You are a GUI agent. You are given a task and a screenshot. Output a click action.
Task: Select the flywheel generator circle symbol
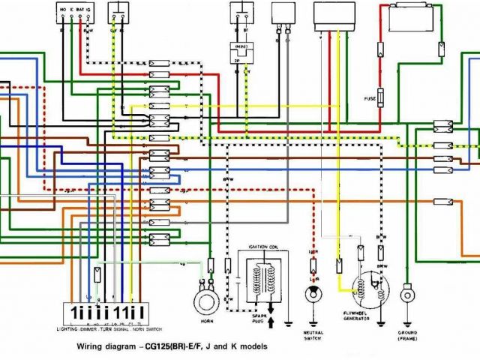(365, 289)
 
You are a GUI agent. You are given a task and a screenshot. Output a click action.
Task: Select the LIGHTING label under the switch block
(68, 328)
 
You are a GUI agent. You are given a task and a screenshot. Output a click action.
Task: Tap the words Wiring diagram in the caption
(105, 347)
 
